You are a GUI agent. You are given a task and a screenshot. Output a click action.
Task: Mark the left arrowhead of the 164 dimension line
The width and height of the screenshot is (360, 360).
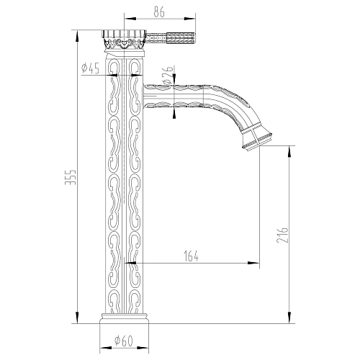point(131,264)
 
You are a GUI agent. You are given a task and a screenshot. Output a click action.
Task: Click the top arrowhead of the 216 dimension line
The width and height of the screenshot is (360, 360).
point(289,147)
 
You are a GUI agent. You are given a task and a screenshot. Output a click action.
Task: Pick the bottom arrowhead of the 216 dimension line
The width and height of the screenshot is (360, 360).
point(289,321)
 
